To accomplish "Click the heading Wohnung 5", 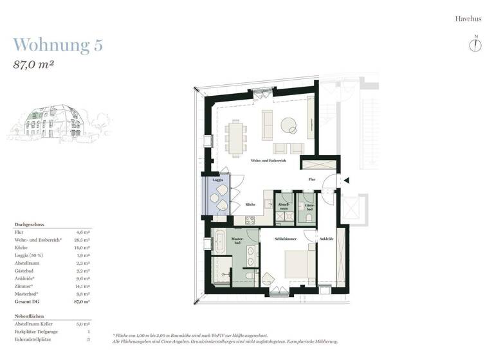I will point(57,45).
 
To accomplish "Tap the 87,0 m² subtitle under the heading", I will point(33,64).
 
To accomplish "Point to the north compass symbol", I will point(475,44).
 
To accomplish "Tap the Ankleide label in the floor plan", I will point(326,239).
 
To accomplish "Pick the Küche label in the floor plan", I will point(250,204).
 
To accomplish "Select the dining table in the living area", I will point(237,136).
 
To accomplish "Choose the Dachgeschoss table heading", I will point(29,224).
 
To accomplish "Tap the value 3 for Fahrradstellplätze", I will point(87,339).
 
